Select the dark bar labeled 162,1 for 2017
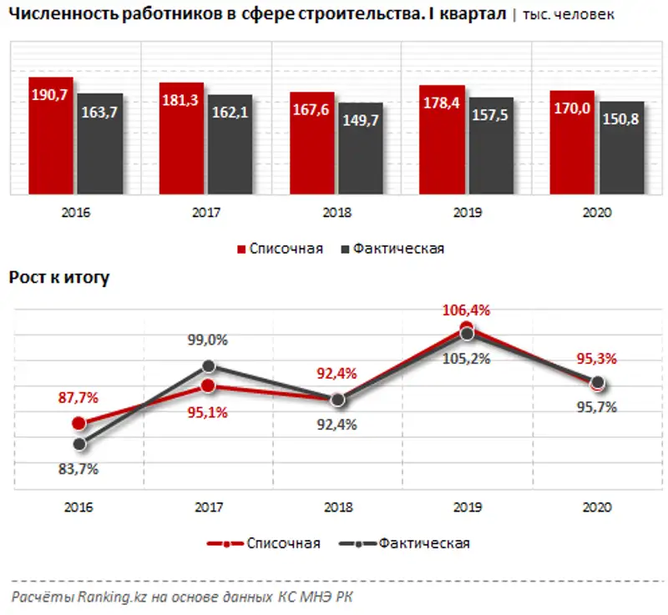click(x=230, y=146)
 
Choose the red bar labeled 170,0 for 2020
click(x=572, y=144)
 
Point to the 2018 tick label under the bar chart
click(x=336, y=213)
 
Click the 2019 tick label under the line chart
click(x=467, y=507)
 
